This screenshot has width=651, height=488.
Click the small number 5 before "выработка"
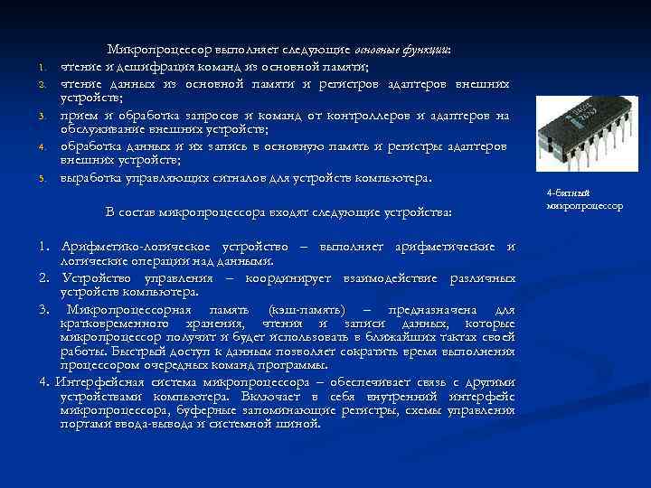42,179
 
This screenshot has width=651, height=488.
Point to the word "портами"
85,423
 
